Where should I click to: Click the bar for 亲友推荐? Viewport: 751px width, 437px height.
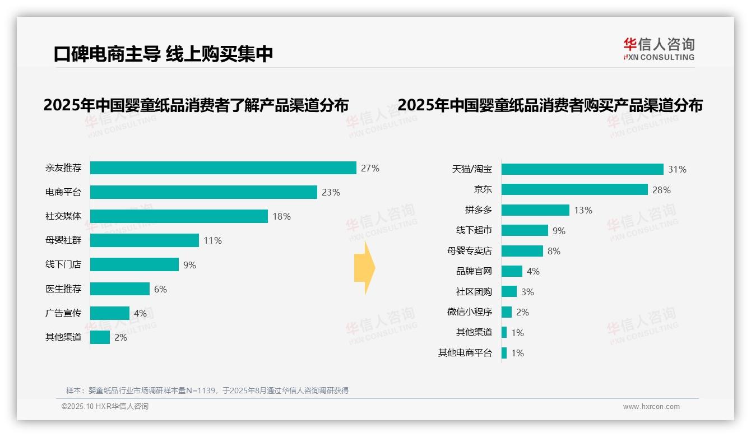click(223, 168)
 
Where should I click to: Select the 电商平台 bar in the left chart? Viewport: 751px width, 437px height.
click(203, 192)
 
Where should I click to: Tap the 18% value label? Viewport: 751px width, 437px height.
click(281, 216)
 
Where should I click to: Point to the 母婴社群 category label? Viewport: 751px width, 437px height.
click(63, 240)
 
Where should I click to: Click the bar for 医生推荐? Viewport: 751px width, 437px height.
click(120, 289)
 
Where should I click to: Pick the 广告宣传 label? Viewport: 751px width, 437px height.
click(63, 313)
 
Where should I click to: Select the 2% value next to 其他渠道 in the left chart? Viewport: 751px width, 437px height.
click(120, 337)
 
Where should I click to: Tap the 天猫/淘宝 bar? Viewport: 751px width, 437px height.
click(582, 169)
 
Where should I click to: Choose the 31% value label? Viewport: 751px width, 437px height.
click(677, 169)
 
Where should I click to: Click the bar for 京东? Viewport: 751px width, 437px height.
click(574, 189)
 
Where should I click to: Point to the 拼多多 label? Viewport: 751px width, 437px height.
click(478, 210)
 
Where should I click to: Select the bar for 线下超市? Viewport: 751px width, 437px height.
click(525, 230)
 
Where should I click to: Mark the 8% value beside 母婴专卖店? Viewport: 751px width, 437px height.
click(554, 251)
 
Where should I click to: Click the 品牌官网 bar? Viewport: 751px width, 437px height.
click(512, 271)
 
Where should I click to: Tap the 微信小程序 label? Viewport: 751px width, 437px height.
click(469, 312)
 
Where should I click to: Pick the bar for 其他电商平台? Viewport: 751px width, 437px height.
click(504, 353)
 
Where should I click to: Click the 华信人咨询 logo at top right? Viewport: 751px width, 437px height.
click(659, 49)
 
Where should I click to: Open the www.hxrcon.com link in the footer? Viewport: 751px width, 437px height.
click(651, 407)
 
